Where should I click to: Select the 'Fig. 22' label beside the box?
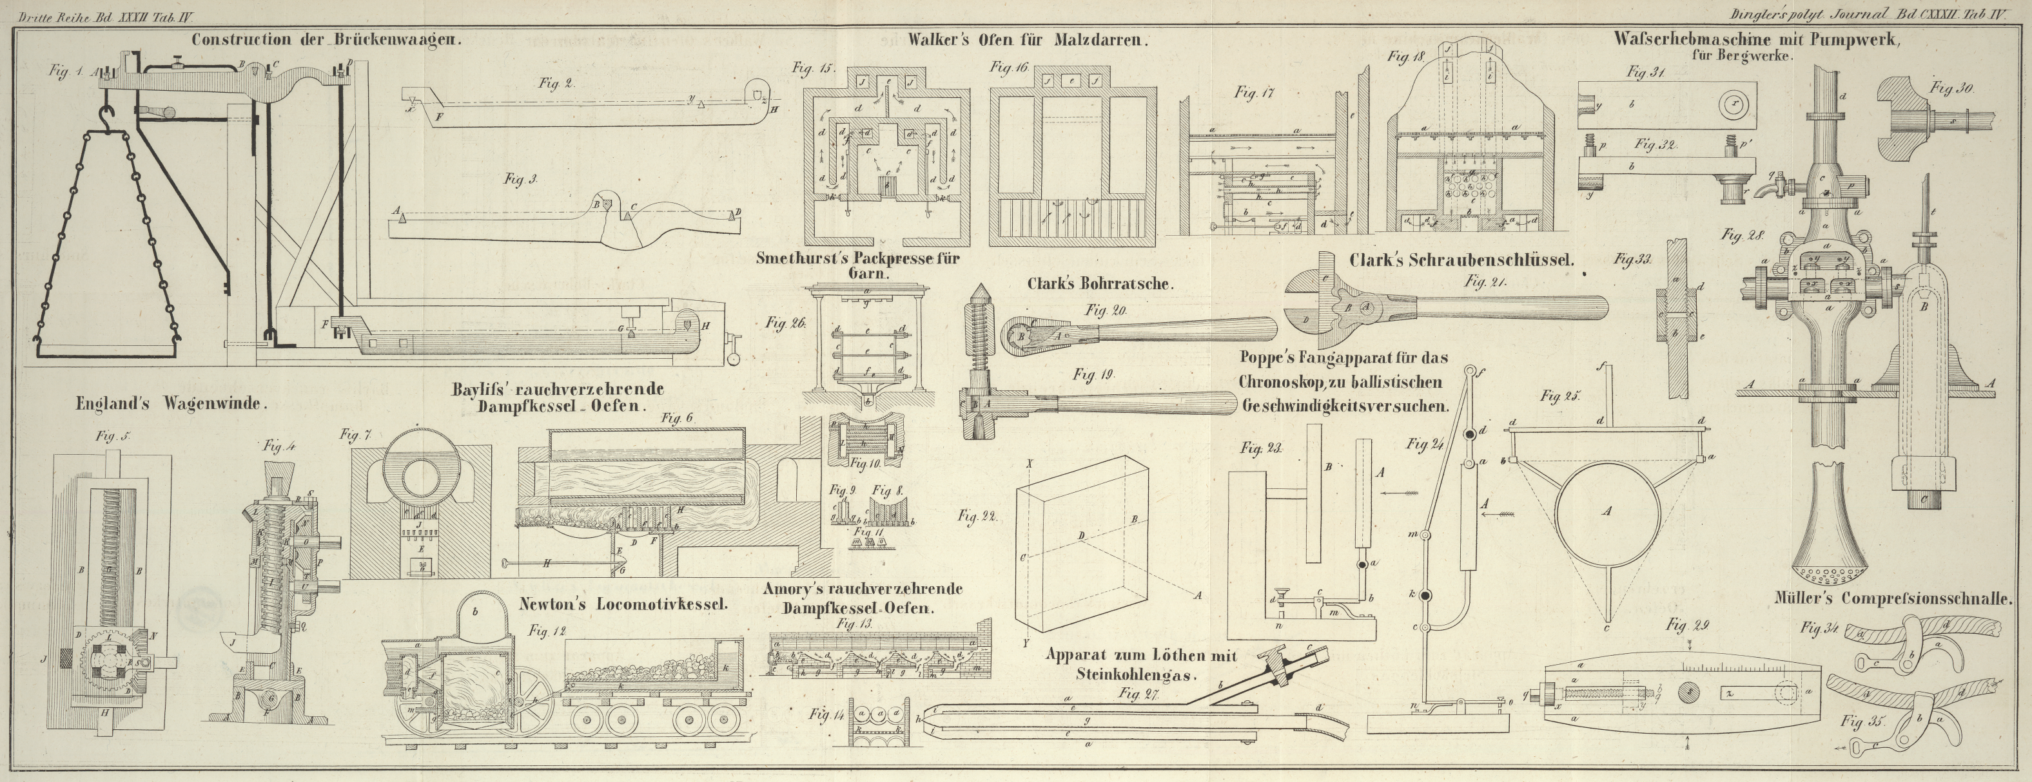tap(977, 517)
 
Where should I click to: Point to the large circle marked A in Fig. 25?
tap(1605, 511)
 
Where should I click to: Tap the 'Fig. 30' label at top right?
tap(1951, 89)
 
